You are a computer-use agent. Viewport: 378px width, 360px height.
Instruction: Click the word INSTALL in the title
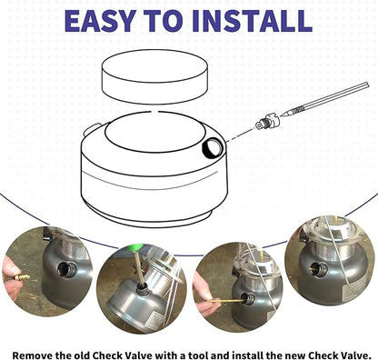(252, 21)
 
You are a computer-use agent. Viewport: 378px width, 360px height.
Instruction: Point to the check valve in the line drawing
(267, 122)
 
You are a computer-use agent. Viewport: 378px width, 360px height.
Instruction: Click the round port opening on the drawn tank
(213, 147)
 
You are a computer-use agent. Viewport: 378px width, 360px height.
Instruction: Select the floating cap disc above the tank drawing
(154, 76)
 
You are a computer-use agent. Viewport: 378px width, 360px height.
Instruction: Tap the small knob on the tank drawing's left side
(92, 130)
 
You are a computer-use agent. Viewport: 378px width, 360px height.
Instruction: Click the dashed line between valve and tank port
(240, 135)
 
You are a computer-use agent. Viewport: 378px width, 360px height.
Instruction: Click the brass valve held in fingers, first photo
(22, 277)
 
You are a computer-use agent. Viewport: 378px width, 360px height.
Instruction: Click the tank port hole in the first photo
(65, 269)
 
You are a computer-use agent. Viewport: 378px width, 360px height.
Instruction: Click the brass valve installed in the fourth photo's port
(313, 268)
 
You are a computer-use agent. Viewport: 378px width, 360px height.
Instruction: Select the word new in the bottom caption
(294, 355)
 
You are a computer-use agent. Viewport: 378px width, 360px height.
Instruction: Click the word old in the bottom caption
(81, 355)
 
